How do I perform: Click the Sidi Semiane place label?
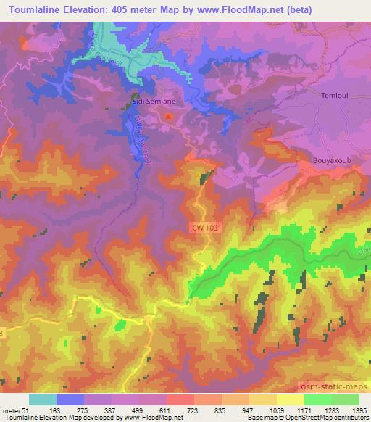tap(153, 103)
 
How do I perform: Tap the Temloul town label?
tap(334, 95)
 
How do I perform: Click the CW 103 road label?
tap(206, 227)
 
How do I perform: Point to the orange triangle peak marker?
tap(170, 115)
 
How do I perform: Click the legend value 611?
tap(167, 410)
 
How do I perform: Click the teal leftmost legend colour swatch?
tap(43, 400)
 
